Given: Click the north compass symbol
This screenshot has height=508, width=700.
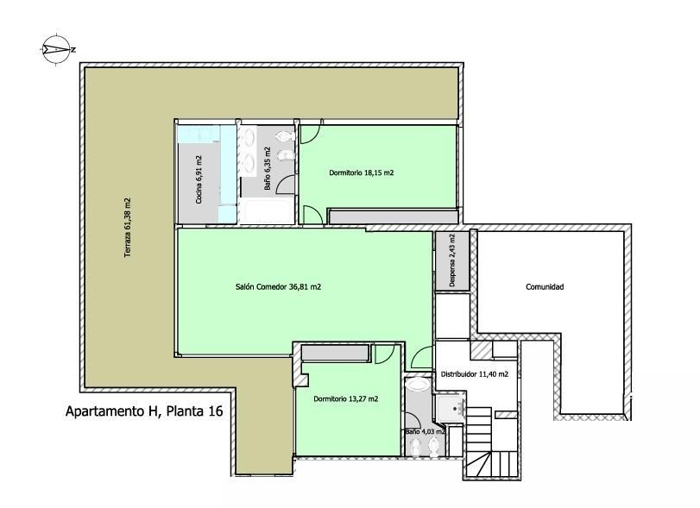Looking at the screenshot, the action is click(58, 50).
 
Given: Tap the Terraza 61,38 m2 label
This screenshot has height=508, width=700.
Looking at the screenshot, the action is click(128, 228).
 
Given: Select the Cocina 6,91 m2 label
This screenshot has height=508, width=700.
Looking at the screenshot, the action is click(199, 179).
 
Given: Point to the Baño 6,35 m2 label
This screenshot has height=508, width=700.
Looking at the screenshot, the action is click(268, 168).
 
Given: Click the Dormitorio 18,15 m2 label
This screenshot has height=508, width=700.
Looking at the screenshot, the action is click(361, 172).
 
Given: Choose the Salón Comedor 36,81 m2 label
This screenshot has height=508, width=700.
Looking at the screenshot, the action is click(278, 287).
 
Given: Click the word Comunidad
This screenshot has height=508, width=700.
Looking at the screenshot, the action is click(545, 287).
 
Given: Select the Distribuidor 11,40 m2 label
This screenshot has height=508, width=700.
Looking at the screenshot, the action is click(475, 374).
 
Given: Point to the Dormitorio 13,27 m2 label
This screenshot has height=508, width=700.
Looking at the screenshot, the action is click(345, 398).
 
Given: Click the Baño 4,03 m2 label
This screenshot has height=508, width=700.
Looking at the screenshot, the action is click(425, 432).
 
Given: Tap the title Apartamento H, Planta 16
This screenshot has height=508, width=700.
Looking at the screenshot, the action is click(144, 411).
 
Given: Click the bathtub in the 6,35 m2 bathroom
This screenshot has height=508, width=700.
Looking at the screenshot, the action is click(267, 212).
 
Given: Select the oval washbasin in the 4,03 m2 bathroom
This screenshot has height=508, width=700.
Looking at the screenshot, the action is click(418, 384).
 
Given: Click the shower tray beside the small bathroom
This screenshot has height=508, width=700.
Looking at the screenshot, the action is click(450, 408).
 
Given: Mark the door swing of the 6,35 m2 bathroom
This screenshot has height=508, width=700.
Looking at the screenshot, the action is click(285, 185).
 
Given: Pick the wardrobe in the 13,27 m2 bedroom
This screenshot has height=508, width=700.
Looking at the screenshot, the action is click(335, 353).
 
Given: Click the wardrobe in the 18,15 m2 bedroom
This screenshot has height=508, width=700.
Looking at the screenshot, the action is click(393, 216).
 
